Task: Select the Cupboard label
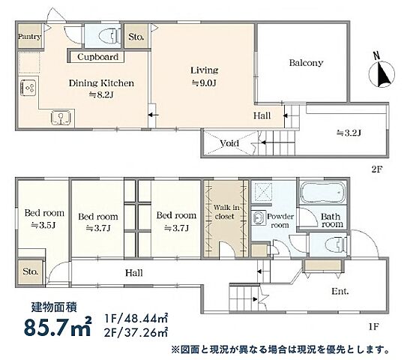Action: click(97, 56)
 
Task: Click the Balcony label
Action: click(306, 63)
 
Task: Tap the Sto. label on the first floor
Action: click(31, 271)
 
